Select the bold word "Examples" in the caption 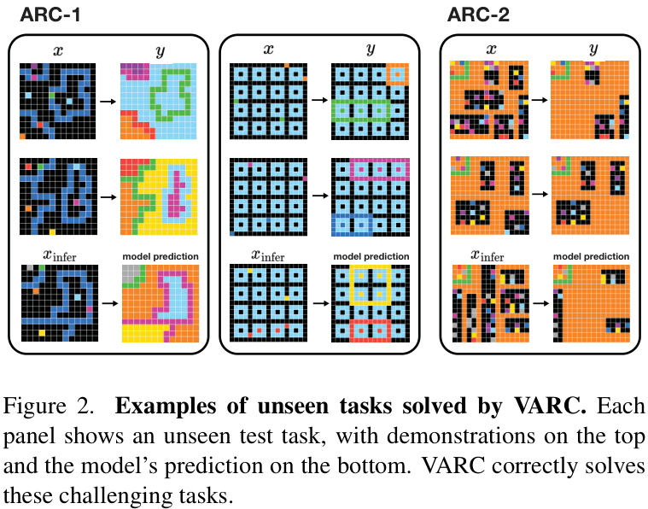[154, 407]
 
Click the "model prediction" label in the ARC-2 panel [592, 255]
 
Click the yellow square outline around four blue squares [371, 286]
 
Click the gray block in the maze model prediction [129, 273]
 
